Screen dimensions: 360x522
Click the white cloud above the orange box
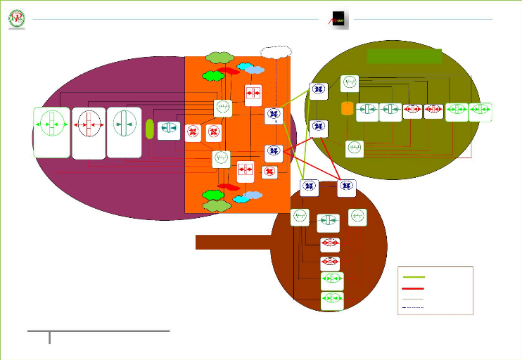275,51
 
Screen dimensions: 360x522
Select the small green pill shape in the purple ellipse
149,129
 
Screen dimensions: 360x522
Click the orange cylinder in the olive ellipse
346,109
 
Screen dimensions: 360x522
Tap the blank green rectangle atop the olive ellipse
405,56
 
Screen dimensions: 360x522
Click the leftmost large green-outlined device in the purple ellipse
51,132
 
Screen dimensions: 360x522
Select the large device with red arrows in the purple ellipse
88,132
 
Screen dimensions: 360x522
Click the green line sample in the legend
414,277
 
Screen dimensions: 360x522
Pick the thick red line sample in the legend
414,288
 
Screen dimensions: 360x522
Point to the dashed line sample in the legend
414,308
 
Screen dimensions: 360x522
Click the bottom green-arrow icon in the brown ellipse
332,301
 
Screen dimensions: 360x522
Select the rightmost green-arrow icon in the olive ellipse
481,112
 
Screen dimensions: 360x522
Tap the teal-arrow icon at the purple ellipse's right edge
169,131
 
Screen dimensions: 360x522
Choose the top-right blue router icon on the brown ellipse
345,188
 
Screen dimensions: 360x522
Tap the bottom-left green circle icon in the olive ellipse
355,149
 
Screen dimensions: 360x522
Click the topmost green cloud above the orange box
220,57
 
